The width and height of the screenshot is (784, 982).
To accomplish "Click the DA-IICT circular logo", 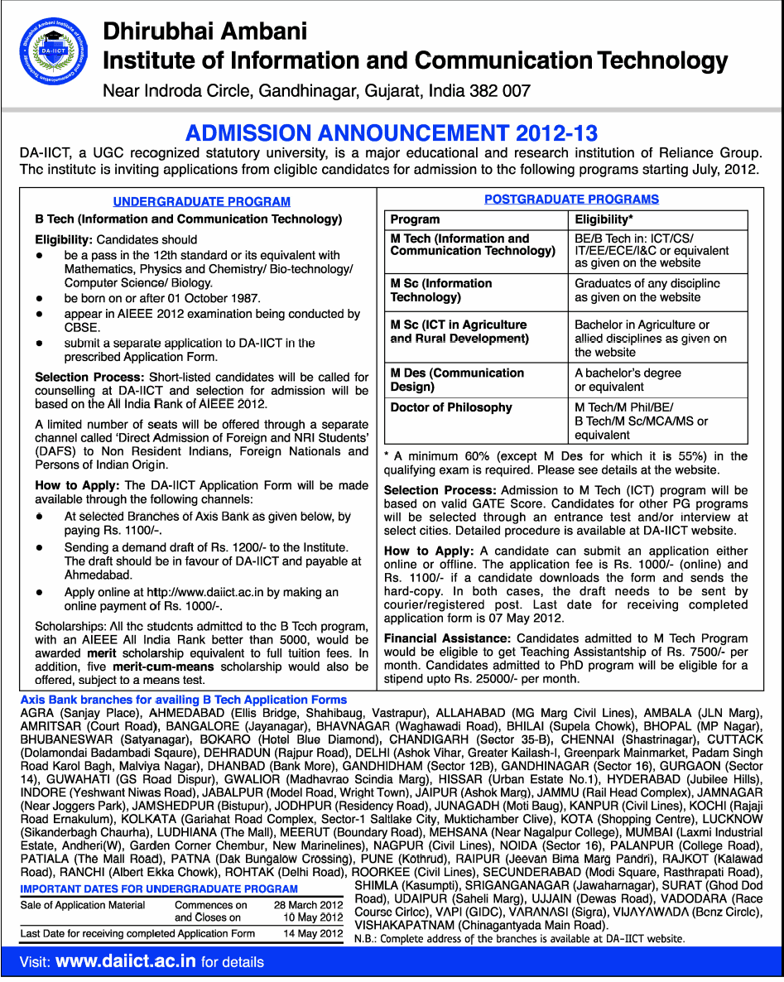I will (55, 55).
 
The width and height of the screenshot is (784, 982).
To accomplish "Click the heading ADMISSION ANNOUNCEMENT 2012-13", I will (391, 133).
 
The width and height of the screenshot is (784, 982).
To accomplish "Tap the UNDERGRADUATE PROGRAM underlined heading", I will (201, 201).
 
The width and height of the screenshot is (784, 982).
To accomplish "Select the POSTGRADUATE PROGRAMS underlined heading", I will (571, 199).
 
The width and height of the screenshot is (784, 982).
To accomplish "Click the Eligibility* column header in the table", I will (604, 219).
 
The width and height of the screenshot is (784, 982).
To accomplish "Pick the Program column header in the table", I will (415, 219).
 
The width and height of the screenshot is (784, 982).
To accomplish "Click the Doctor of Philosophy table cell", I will (451, 407).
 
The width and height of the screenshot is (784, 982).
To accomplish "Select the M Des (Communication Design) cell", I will (457, 379).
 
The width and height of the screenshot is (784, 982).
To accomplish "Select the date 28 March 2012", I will (308, 905).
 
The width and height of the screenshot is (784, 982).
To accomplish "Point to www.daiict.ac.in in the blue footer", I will (126, 961).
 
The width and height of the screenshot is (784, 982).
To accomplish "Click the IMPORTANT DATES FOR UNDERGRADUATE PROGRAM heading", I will (159, 888).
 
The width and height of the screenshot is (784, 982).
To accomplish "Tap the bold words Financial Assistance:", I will (447, 638).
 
